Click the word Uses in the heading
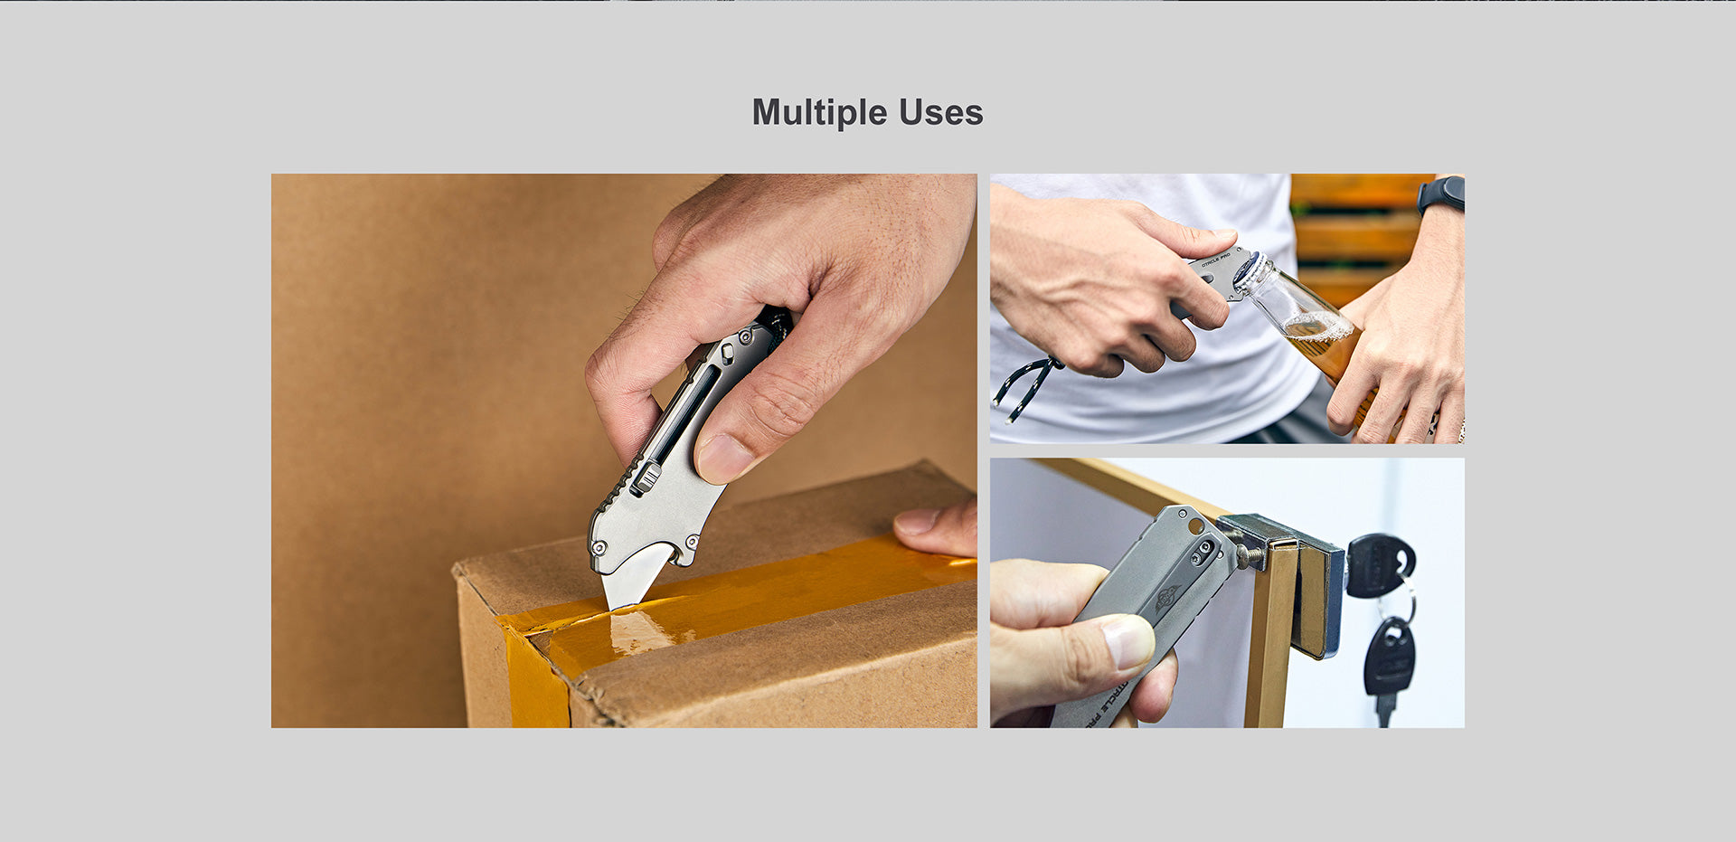click(x=939, y=113)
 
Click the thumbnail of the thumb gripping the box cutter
click(x=724, y=457)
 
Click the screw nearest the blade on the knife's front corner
click(x=599, y=546)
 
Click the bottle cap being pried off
click(x=1250, y=270)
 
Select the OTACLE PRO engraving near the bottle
click(x=1217, y=259)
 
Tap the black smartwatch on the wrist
click(x=1441, y=194)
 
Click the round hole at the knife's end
click(x=1195, y=525)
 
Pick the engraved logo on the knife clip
click(x=1167, y=597)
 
